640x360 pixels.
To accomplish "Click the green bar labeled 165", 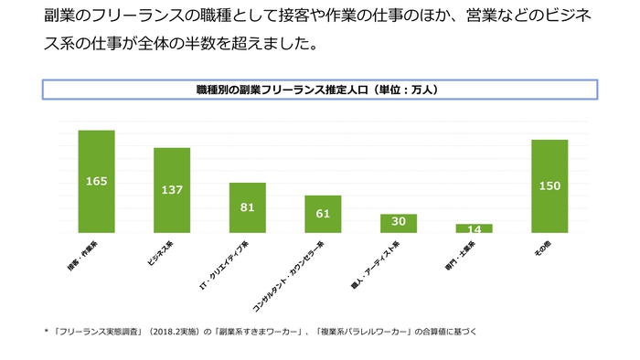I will (96, 181).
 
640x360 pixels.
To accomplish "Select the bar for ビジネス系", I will (172, 190).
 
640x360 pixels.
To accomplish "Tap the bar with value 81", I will (247, 207).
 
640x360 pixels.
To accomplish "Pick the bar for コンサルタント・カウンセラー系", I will (323, 214).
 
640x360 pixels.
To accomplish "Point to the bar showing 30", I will (399, 223).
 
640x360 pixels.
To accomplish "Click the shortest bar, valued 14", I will (474, 228).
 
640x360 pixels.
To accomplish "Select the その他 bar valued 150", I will (549, 186).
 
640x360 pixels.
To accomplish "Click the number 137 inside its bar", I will (172, 190).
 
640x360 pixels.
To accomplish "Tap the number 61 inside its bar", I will (323, 214).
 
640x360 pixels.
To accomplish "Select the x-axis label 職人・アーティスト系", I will (381, 259).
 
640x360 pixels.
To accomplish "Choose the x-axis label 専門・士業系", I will (461, 255).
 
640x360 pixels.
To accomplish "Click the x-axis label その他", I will (541, 249).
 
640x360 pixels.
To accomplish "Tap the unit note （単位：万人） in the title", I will (403, 90).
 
